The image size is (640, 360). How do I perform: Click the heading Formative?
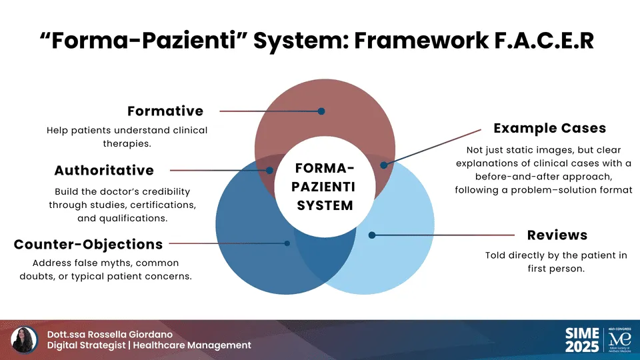(165, 111)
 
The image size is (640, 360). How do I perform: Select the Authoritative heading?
(104, 171)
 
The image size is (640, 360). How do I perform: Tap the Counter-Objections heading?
(88, 244)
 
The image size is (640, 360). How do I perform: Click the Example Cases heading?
(549, 128)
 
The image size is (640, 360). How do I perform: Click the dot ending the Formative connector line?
(321, 111)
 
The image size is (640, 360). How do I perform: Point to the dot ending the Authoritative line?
(269, 171)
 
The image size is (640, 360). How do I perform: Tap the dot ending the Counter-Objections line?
(287, 244)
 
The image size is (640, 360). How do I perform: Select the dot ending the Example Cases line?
(383, 165)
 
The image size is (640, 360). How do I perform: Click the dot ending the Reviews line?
(372, 235)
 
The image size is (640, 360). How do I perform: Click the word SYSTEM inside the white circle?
(325, 206)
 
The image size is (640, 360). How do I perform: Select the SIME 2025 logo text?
(581, 340)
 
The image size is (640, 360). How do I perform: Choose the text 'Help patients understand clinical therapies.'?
(127, 136)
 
